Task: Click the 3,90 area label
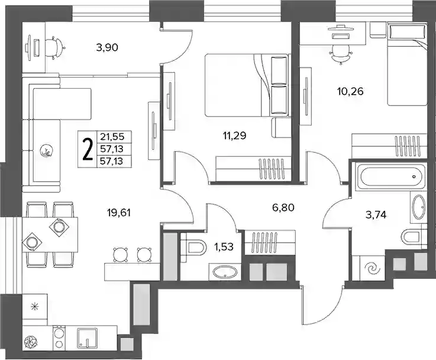pyautogui.click(x=107, y=47)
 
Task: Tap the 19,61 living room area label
pyautogui.click(x=119, y=213)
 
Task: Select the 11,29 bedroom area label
pyautogui.click(x=234, y=136)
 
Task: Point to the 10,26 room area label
pyautogui.click(x=350, y=91)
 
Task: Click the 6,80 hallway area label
pyautogui.click(x=283, y=207)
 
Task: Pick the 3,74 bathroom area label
pyautogui.click(x=376, y=215)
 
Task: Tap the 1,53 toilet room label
pyautogui.click(x=224, y=246)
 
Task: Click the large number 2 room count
pyautogui.click(x=88, y=149)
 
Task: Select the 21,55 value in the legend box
pyautogui.click(x=114, y=137)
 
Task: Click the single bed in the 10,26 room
pyautogui.click(x=408, y=65)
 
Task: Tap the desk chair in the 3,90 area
pyautogui.click(x=56, y=47)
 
